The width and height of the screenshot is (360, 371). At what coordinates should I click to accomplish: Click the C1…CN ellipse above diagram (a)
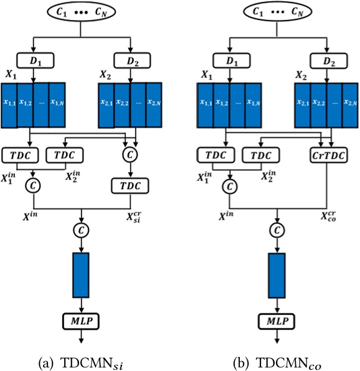click(80, 13)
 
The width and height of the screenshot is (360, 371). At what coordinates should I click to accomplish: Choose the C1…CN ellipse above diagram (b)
click(277, 13)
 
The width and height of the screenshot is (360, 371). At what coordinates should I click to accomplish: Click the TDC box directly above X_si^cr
click(131, 186)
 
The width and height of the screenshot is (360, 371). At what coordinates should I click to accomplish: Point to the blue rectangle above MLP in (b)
click(277, 274)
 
